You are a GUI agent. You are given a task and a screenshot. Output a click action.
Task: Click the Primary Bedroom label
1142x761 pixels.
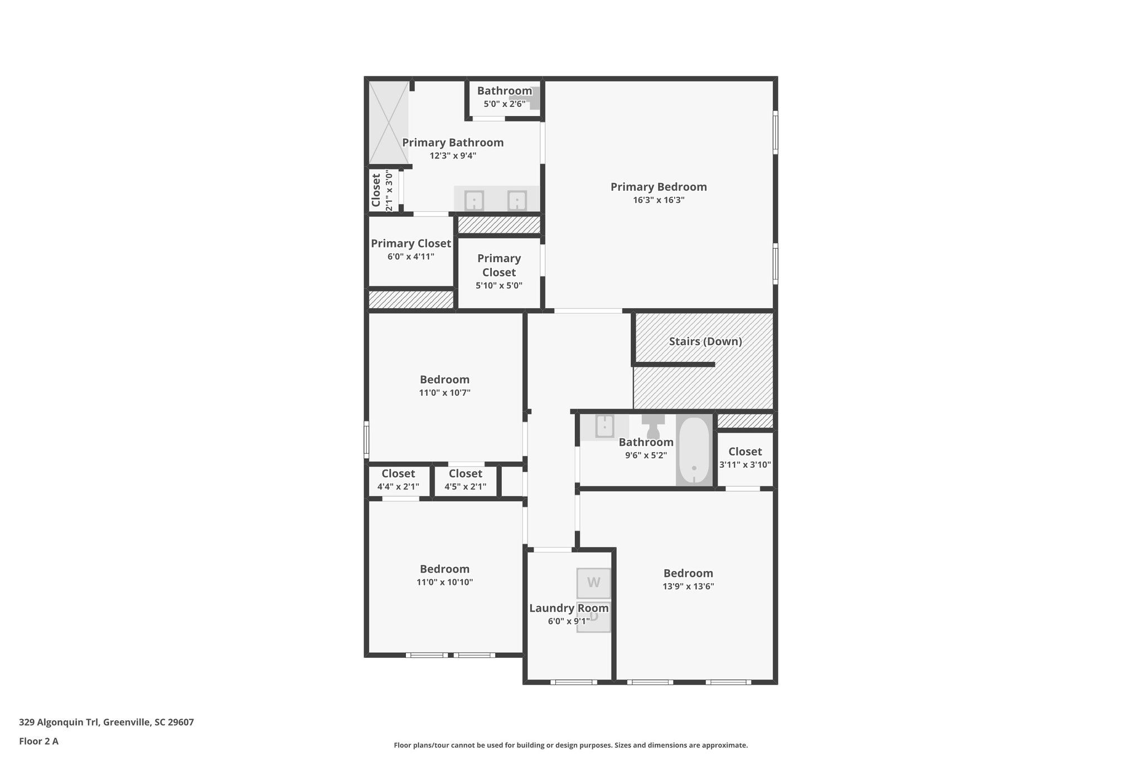658,187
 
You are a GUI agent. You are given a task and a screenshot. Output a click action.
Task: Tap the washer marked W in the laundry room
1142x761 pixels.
593,583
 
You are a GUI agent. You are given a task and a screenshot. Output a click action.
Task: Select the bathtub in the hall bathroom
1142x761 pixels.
694,450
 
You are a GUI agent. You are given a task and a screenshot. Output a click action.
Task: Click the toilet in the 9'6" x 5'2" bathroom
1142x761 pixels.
653,427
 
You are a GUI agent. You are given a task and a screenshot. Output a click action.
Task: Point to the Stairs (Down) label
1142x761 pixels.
705,341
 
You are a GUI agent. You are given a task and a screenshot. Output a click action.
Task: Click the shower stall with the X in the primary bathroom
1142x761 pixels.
389,123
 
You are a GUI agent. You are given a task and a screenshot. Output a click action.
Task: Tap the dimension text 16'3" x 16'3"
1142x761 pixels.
658,200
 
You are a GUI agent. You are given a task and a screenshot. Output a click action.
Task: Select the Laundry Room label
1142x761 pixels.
568,608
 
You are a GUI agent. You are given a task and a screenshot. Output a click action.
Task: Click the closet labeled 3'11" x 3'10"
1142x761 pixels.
744,458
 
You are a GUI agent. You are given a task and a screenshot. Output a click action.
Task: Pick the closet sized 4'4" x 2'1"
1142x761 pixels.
398,480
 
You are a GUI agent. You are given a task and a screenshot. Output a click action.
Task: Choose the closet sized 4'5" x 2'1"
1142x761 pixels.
465,480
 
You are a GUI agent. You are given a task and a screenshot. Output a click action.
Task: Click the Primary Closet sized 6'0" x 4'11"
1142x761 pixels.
410,250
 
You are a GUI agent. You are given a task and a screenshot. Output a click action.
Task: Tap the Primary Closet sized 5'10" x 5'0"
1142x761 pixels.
499,272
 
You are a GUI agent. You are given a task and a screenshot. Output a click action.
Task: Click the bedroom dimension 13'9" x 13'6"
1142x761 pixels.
688,586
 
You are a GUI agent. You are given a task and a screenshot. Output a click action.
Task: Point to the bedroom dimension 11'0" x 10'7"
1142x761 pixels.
444,392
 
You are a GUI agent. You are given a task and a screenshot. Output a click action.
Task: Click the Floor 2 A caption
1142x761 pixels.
38,741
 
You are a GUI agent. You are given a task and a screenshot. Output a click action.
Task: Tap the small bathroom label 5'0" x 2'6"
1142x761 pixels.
504,104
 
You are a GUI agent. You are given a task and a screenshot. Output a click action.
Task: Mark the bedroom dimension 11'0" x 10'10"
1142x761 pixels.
444,582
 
